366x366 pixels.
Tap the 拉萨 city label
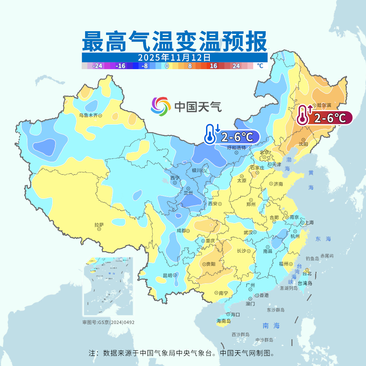coord(99,225)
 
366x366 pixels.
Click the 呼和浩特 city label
coord(236,148)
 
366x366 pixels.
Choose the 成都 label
coord(181,230)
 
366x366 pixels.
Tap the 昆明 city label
coord(168,275)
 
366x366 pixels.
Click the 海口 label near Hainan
coord(235,314)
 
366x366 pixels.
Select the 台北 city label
coord(307,273)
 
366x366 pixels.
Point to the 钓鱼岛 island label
coord(312,259)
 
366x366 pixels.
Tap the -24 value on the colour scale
coord(98,66)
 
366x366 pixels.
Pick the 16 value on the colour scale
coord(213,66)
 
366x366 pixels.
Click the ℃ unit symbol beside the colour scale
coord(260,66)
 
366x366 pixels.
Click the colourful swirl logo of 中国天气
coord(160,106)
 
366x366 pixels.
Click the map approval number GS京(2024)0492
coord(108,322)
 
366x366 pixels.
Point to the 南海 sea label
coord(271,326)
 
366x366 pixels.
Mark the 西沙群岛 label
coord(241,334)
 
